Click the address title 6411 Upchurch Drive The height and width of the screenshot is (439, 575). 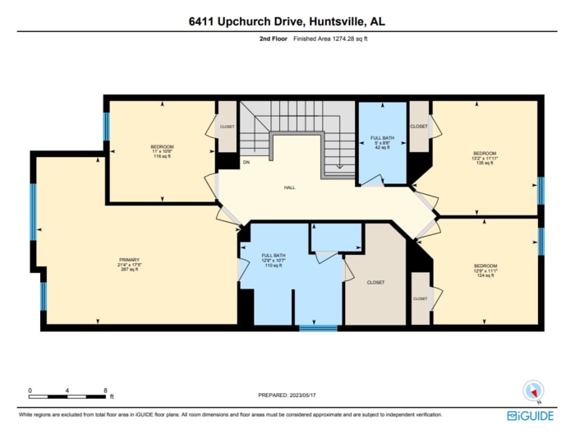287,21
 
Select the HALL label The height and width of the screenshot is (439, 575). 289,187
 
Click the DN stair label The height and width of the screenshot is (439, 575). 246,163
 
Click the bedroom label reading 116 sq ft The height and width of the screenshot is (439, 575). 162,151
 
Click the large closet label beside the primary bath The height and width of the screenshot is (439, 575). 376,283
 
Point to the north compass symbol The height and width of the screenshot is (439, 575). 532,390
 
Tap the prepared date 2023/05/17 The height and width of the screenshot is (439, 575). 287,394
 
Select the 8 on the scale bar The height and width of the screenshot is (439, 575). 105,390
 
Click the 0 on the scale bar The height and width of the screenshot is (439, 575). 30,390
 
